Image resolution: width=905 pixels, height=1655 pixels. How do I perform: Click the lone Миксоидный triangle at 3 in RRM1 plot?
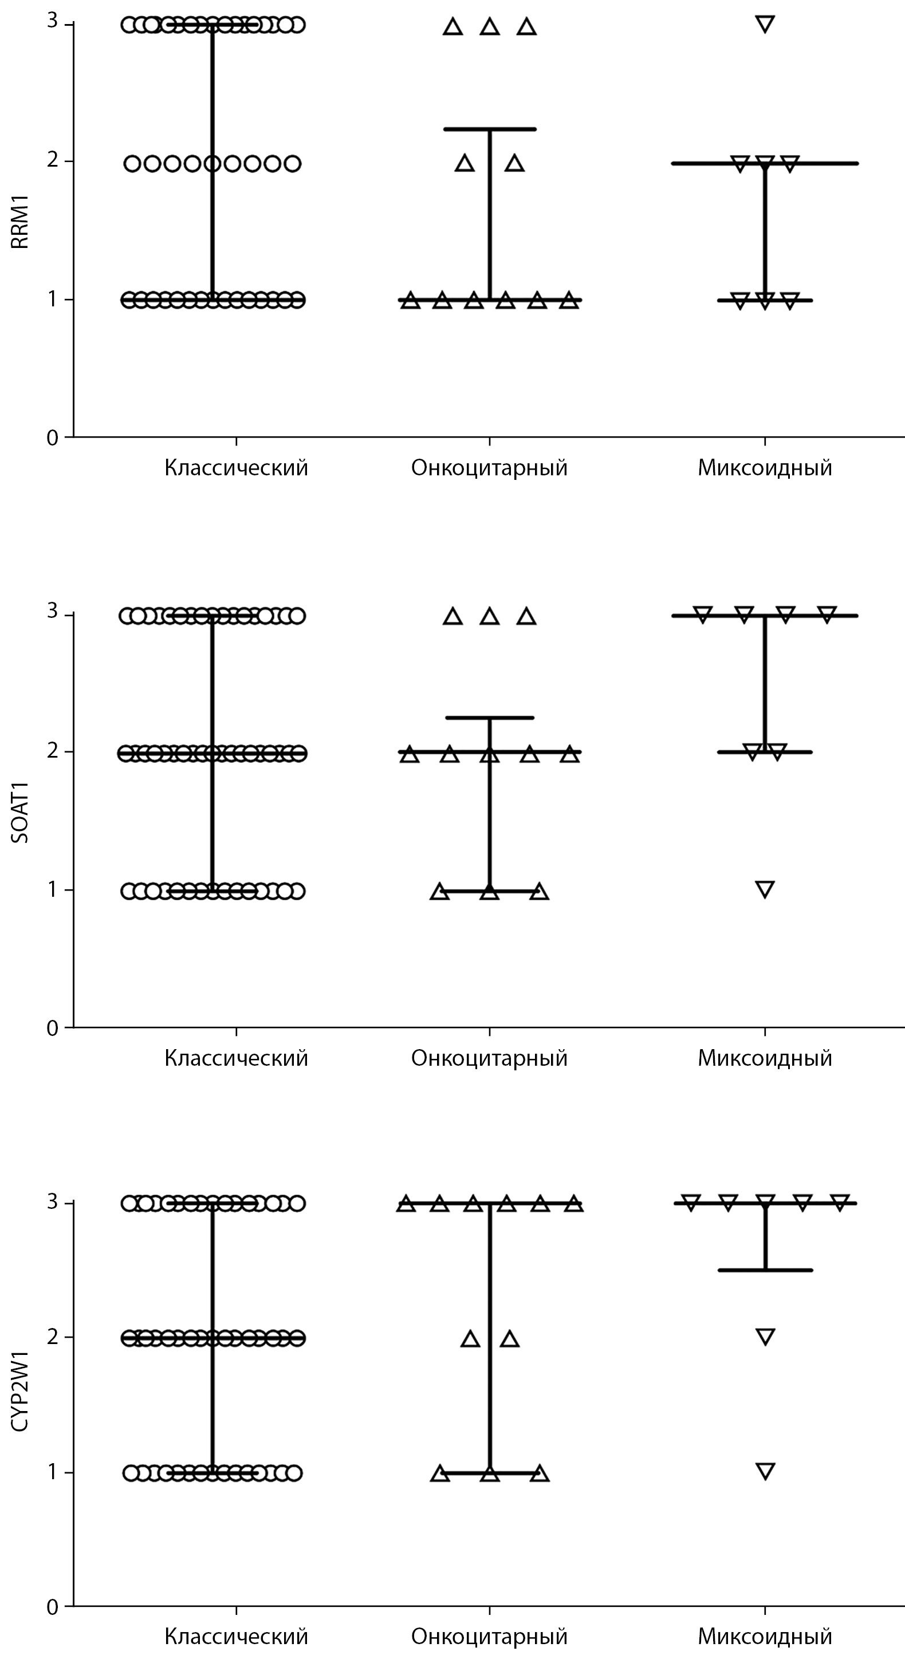point(765,25)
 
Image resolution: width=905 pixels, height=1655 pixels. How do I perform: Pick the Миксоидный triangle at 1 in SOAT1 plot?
point(765,889)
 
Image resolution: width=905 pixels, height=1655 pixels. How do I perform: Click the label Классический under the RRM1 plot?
point(236,468)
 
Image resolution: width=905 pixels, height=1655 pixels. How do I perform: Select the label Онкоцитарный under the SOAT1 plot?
point(489,1058)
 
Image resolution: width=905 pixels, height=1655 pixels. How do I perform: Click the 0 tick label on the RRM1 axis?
point(53,438)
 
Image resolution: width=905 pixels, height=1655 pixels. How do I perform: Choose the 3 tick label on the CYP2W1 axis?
point(53,1201)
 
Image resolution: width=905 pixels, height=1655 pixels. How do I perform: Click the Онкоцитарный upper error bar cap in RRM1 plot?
point(490,129)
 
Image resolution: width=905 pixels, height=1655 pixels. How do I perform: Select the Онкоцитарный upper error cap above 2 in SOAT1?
point(490,717)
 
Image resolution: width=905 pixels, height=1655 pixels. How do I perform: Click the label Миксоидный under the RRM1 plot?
point(765,468)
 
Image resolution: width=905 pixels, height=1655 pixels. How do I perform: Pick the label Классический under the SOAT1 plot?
point(236,1058)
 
